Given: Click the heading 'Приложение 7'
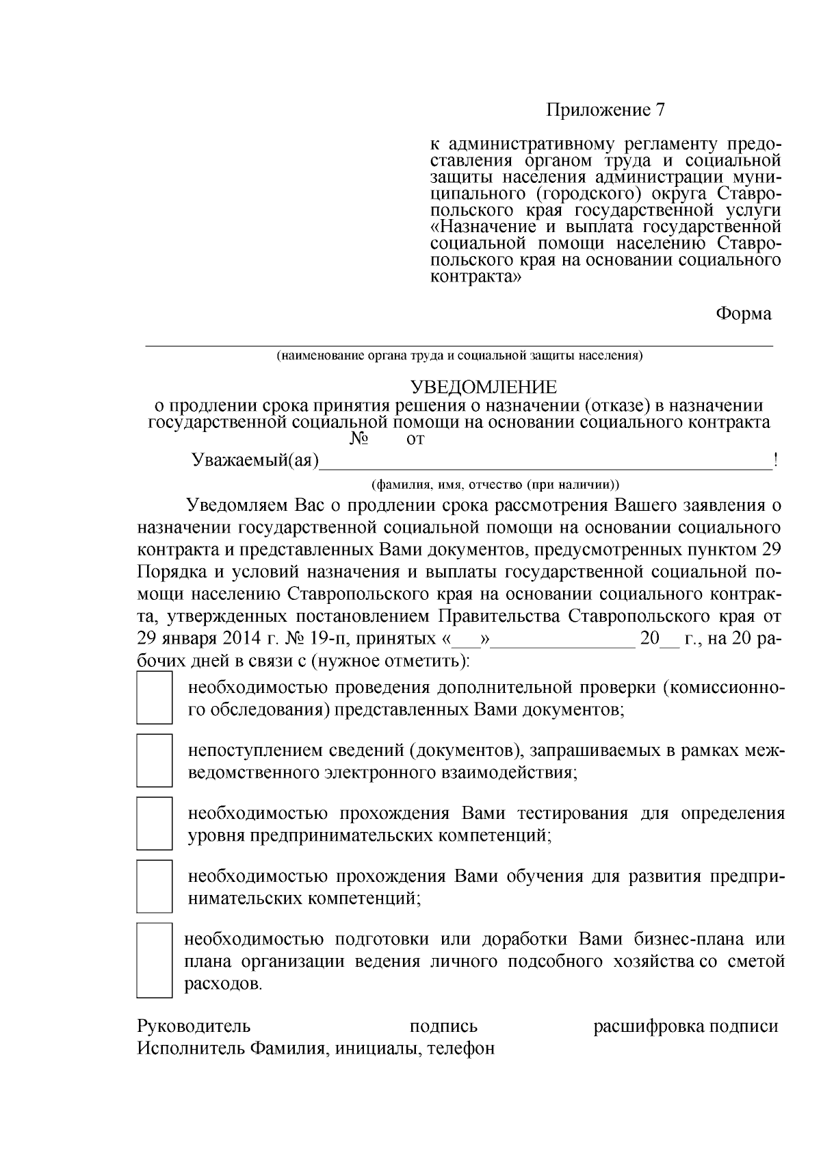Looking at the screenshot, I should coord(605,110).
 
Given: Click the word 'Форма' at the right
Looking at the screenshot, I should coord(743,314).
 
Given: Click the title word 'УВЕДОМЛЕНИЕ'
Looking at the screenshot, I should coord(483,388).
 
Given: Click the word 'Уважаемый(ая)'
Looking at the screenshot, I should coord(255,461).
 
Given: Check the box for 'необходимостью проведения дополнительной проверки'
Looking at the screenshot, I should coord(154,698).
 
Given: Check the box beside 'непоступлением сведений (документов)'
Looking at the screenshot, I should coord(154,761).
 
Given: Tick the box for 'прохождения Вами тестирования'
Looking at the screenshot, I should coord(154,824).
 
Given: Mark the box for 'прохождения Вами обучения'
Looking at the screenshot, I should coord(154,886).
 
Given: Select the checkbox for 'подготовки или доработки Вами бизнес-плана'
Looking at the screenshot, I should coord(154,960).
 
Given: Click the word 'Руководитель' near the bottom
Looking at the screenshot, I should coord(194,1026).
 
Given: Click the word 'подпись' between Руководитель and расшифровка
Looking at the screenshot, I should coord(443,1026).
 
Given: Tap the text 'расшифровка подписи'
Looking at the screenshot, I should coord(686,1026).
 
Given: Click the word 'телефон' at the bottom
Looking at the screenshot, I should coord(460,1048).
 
